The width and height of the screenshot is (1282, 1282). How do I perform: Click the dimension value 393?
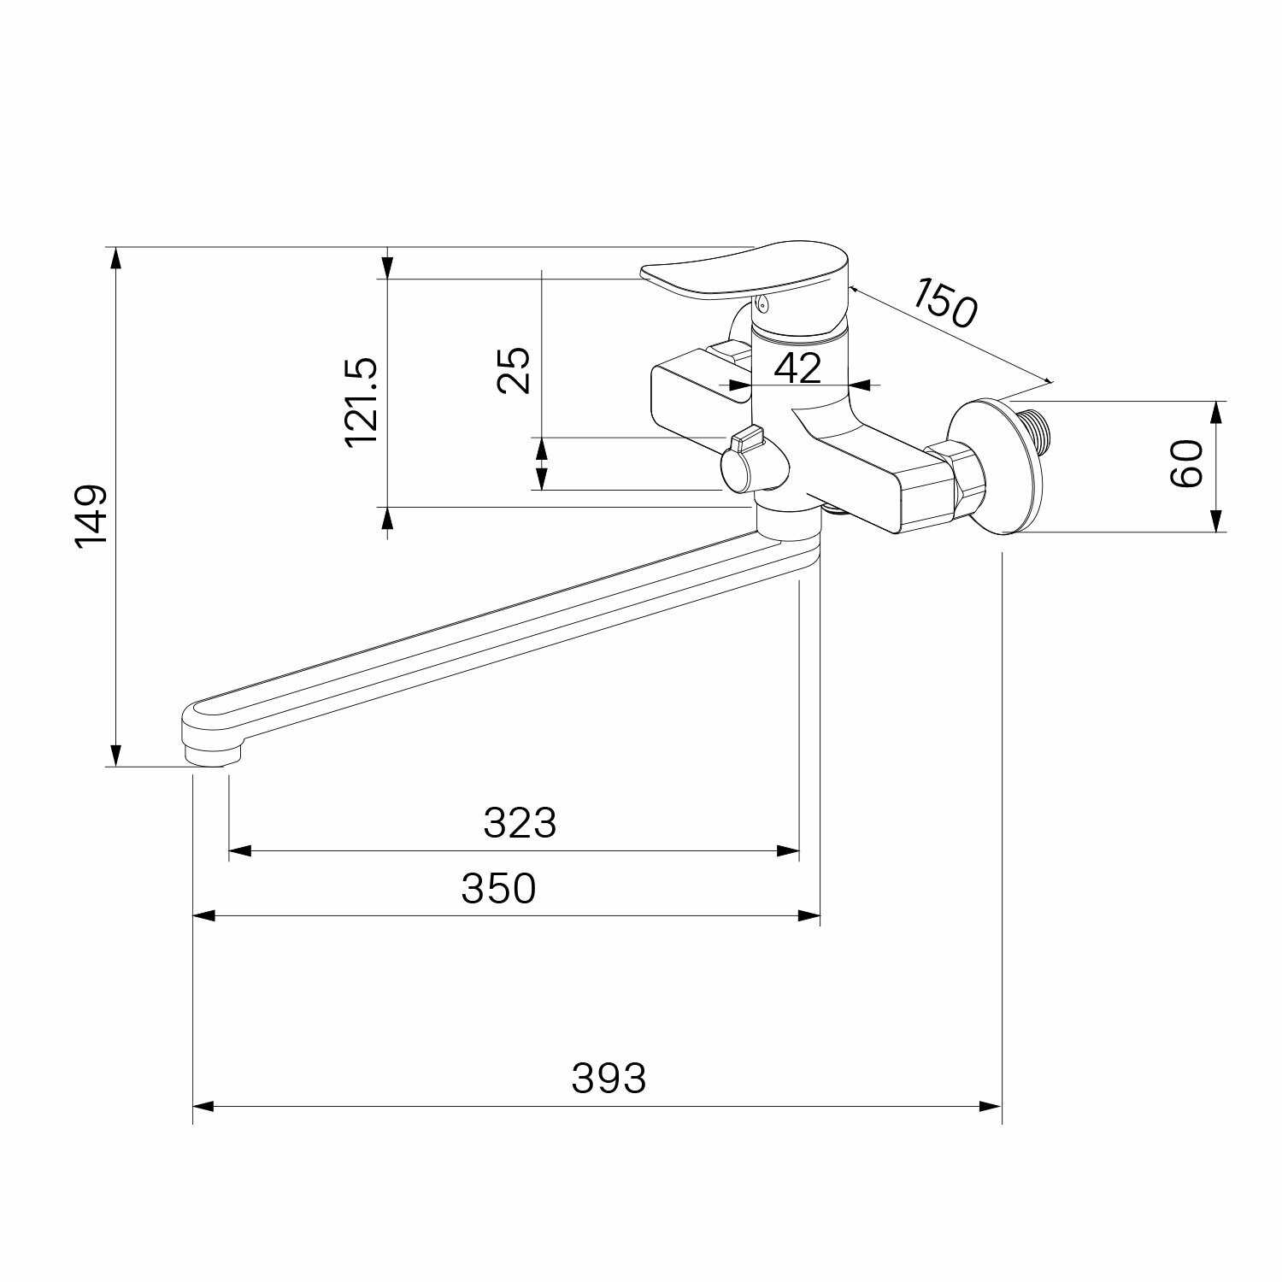(609, 1079)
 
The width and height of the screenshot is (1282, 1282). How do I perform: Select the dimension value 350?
(498, 889)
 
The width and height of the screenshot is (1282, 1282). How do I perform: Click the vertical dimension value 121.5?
(361, 402)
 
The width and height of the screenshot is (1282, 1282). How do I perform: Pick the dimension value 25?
(514, 369)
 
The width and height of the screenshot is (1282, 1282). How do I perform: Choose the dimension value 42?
(797, 368)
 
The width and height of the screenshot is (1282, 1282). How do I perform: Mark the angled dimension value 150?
(943, 302)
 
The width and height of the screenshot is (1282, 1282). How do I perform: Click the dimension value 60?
(1186, 464)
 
